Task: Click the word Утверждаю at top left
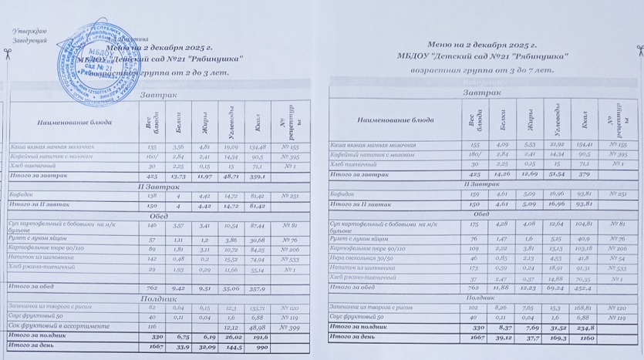coord(29,30)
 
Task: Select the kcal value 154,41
coord(582,145)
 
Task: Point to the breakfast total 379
coord(582,173)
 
